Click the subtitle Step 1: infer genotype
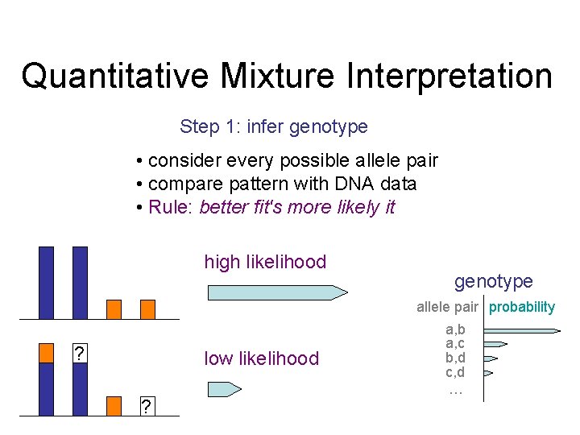click(x=274, y=126)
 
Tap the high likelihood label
click(x=265, y=262)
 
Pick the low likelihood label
click(x=262, y=358)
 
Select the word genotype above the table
click(x=493, y=281)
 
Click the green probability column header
click(x=522, y=307)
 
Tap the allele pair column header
click(x=447, y=307)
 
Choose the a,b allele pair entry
click(x=455, y=329)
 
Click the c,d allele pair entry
click(x=455, y=372)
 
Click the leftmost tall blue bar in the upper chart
click(x=47, y=282)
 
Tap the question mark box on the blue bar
click(x=80, y=354)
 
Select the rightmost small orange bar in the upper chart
click(x=147, y=309)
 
